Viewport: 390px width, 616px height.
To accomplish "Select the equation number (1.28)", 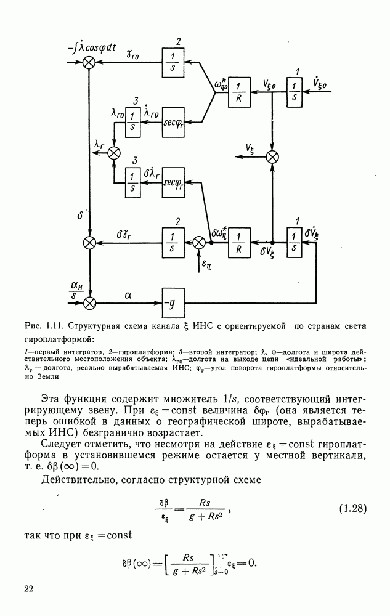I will coord(353,508).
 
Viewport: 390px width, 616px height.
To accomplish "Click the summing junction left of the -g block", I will coord(91,302).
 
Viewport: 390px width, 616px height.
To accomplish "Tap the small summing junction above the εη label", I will coord(199,243).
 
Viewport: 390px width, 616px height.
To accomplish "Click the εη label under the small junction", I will coord(205,265).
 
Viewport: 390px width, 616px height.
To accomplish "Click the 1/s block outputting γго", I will coord(174,62).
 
